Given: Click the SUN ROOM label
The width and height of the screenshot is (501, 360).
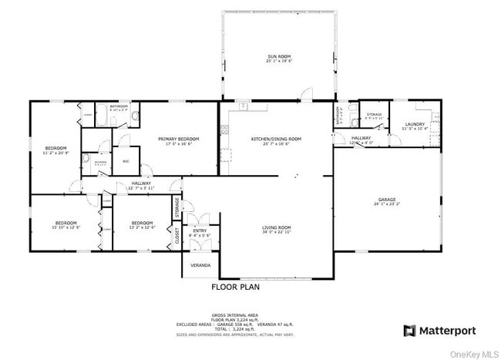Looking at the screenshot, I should pos(278,56).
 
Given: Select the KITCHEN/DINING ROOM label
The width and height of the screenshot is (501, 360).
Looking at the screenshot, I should pos(276,139).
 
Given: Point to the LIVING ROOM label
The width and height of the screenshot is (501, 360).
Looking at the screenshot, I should pos(276,227).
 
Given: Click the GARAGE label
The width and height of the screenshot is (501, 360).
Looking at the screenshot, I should pos(386,199).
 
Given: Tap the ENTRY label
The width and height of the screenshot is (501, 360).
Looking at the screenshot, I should pos(200,230).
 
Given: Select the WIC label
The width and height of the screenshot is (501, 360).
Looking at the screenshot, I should pos(126,161).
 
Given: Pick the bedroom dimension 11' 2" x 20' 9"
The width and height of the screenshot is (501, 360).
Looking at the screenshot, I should pos(55,153).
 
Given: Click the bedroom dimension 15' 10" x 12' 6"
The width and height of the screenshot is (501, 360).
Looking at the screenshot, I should pos(66,227).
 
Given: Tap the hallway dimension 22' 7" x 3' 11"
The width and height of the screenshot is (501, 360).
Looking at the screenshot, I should pos(141,187).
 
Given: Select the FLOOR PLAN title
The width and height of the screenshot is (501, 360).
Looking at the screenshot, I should pos(235,287).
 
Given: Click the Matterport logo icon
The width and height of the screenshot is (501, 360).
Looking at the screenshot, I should pos(409,331).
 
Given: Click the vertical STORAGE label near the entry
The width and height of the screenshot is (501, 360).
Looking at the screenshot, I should pos(177,207).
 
